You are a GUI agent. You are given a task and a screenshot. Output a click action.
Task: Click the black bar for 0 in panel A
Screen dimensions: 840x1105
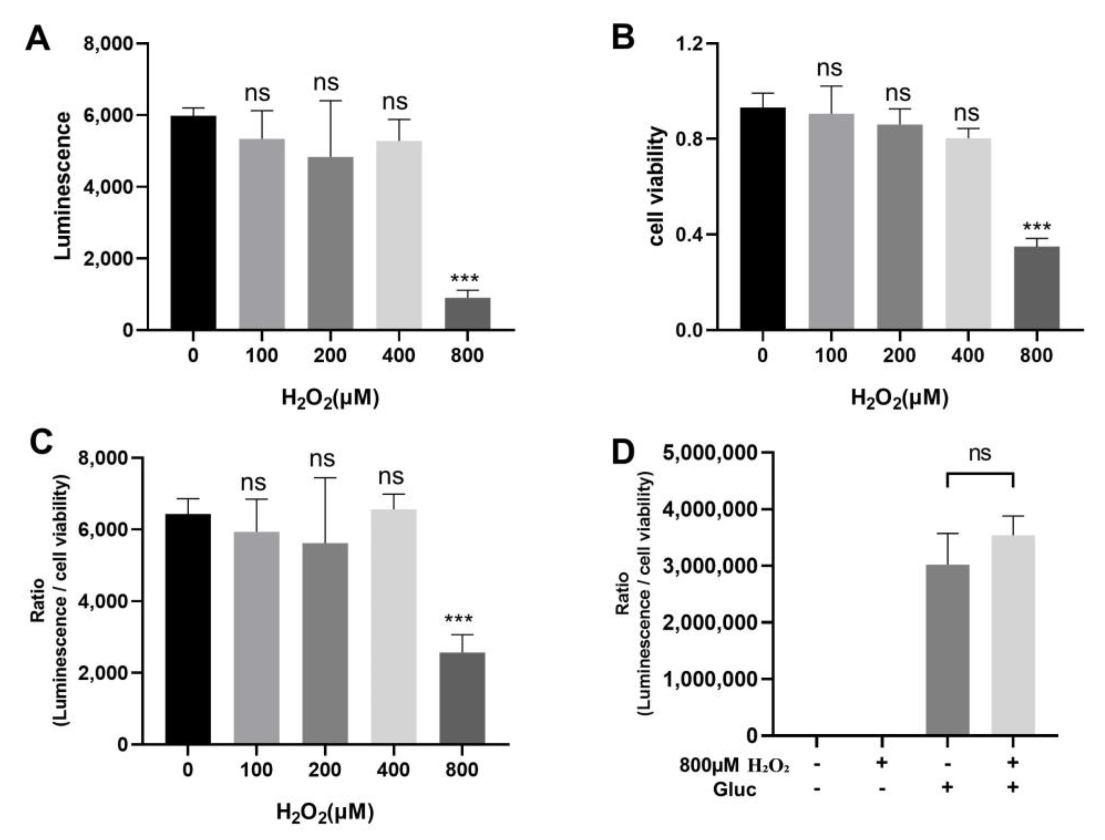193,222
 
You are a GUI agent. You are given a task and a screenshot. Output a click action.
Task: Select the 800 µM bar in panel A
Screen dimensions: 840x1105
467,314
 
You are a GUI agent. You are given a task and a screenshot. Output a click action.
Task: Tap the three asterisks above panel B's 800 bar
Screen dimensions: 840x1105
1036,228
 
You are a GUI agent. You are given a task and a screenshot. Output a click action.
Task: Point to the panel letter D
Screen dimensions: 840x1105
623,452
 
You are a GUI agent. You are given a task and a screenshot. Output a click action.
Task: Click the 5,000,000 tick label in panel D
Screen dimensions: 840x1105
709,453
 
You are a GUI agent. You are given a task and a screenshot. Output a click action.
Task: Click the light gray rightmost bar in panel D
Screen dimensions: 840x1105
1013,635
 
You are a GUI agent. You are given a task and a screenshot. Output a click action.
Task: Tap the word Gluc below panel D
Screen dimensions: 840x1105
735,790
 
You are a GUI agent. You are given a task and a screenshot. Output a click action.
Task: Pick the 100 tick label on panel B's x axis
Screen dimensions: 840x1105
831,356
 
